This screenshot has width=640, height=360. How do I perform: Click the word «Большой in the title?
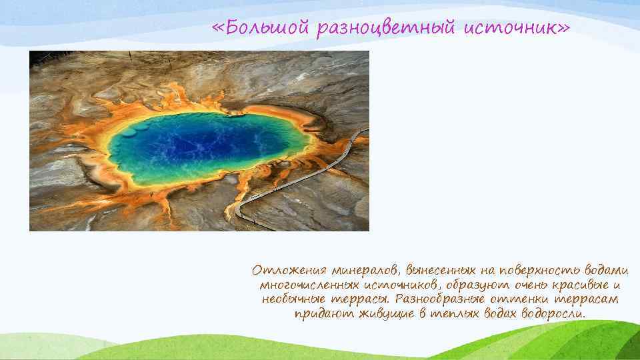[256, 28]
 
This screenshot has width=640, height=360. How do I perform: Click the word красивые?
[571, 285]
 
